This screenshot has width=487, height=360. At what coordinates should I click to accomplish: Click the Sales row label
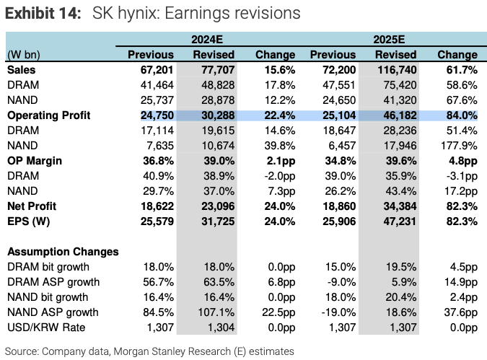click(22, 71)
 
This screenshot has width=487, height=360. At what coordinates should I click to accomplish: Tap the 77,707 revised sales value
click(214, 71)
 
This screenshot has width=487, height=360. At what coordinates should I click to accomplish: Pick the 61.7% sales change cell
click(458, 71)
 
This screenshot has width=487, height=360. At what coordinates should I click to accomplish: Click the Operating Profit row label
click(48, 115)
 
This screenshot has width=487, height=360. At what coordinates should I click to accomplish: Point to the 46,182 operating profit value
click(397, 115)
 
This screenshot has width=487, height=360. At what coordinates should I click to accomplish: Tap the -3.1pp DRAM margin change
click(457, 176)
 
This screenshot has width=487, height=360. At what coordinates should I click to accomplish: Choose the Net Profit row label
click(32, 206)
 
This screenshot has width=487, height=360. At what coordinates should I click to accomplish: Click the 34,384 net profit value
click(397, 206)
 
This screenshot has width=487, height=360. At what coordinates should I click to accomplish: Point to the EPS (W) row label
click(31, 221)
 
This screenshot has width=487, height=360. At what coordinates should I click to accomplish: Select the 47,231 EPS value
click(397, 221)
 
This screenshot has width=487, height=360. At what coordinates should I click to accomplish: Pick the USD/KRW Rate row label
click(45, 328)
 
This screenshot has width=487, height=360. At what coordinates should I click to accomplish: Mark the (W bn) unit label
click(22, 55)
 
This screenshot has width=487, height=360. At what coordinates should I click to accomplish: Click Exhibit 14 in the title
click(43, 14)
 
